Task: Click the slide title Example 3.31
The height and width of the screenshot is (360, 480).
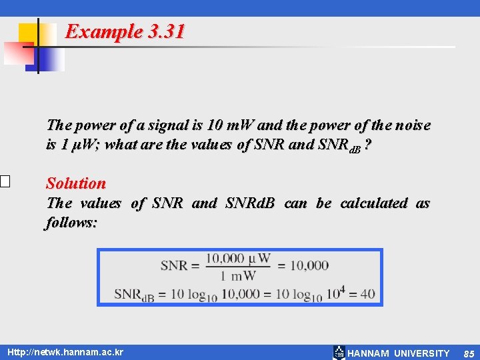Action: pyautogui.click(x=125, y=31)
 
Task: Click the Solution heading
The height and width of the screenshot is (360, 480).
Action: pyautogui.click(x=75, y=183)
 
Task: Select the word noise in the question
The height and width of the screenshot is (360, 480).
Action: pyautogui.click(x=412, y=125)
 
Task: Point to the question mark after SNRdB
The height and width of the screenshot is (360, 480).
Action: pyautogui.click(x=369, y=145)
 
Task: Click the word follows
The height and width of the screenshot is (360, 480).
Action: pyautogui.click(x=71, y=222)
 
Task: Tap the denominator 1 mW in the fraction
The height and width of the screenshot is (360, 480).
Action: pyautogui.click(x=238, y=275)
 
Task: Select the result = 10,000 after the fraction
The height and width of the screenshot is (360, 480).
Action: pyautogui.click(x=303, y=265)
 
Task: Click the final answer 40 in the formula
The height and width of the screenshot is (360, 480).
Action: pyautogui.click(x=368, y=293)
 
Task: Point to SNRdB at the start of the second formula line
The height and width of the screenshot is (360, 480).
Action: pyautogui.click(x=134, y=294)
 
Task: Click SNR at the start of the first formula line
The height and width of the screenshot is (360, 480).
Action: pyautogui.click(x=174, y=265)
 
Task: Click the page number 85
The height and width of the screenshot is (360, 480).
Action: pyautogui.click(x=469, y=353)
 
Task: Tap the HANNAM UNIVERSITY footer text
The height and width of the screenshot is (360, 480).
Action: pyautogui.click(x=399, y=353)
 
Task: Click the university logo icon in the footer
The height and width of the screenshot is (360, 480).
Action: pyautogui.click(x=339, y=353)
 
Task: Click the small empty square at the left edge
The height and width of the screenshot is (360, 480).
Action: pyautogui.click(x=4, y=181)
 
